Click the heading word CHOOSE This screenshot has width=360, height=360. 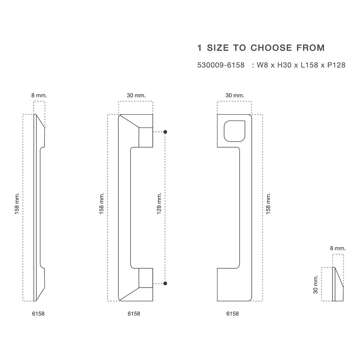pos(271,48)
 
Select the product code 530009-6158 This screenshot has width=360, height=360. pos(221,65)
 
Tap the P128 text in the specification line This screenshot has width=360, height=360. pos(336,65)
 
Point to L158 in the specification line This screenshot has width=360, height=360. pos(309,65)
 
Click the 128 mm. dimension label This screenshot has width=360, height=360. pos(159,204)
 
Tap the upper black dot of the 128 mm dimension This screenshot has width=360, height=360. pos(165,132)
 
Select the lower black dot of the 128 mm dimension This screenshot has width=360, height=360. pos(165,283)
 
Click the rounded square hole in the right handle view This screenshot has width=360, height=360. pos(234,131)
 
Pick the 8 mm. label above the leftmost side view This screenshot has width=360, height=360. pos(39,95)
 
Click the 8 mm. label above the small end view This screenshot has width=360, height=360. pos(338,248)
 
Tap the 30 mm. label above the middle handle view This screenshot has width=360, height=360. pos(136,95)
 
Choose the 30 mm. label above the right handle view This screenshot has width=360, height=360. pos(235,95)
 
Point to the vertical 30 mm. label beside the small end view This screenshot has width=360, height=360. pos(316,284)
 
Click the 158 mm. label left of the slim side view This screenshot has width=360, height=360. pos(17,204)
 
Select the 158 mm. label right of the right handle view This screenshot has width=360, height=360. pos(268,204)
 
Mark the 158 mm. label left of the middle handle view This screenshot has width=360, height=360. pos(101,204)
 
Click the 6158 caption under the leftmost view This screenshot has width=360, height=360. pos(38,314)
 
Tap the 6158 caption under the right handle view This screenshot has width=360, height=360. pos(232,314)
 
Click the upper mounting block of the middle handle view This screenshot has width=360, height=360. pos(146,137)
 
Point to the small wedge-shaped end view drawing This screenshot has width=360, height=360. pos(338,284)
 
